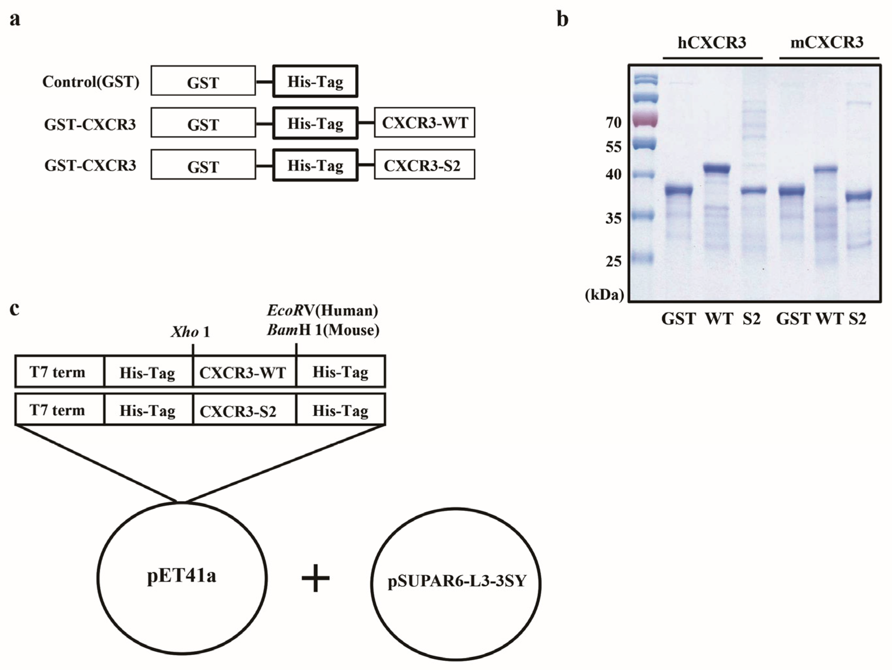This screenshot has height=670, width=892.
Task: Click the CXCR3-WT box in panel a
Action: coord(424,123)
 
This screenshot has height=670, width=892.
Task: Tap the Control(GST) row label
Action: coord(91,82)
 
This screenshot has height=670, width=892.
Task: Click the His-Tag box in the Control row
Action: coord(315,82)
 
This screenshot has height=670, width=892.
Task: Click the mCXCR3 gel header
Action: coord(827,43)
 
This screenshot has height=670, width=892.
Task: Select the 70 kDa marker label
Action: coord(614,123)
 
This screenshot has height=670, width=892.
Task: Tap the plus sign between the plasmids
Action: coord(316,578)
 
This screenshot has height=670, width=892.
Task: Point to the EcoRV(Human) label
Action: coord(322,311)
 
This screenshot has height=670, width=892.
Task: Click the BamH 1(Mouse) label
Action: coord(323,331)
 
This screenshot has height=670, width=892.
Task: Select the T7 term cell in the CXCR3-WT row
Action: coord(58,372)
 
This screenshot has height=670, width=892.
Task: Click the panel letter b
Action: coord(563,19)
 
